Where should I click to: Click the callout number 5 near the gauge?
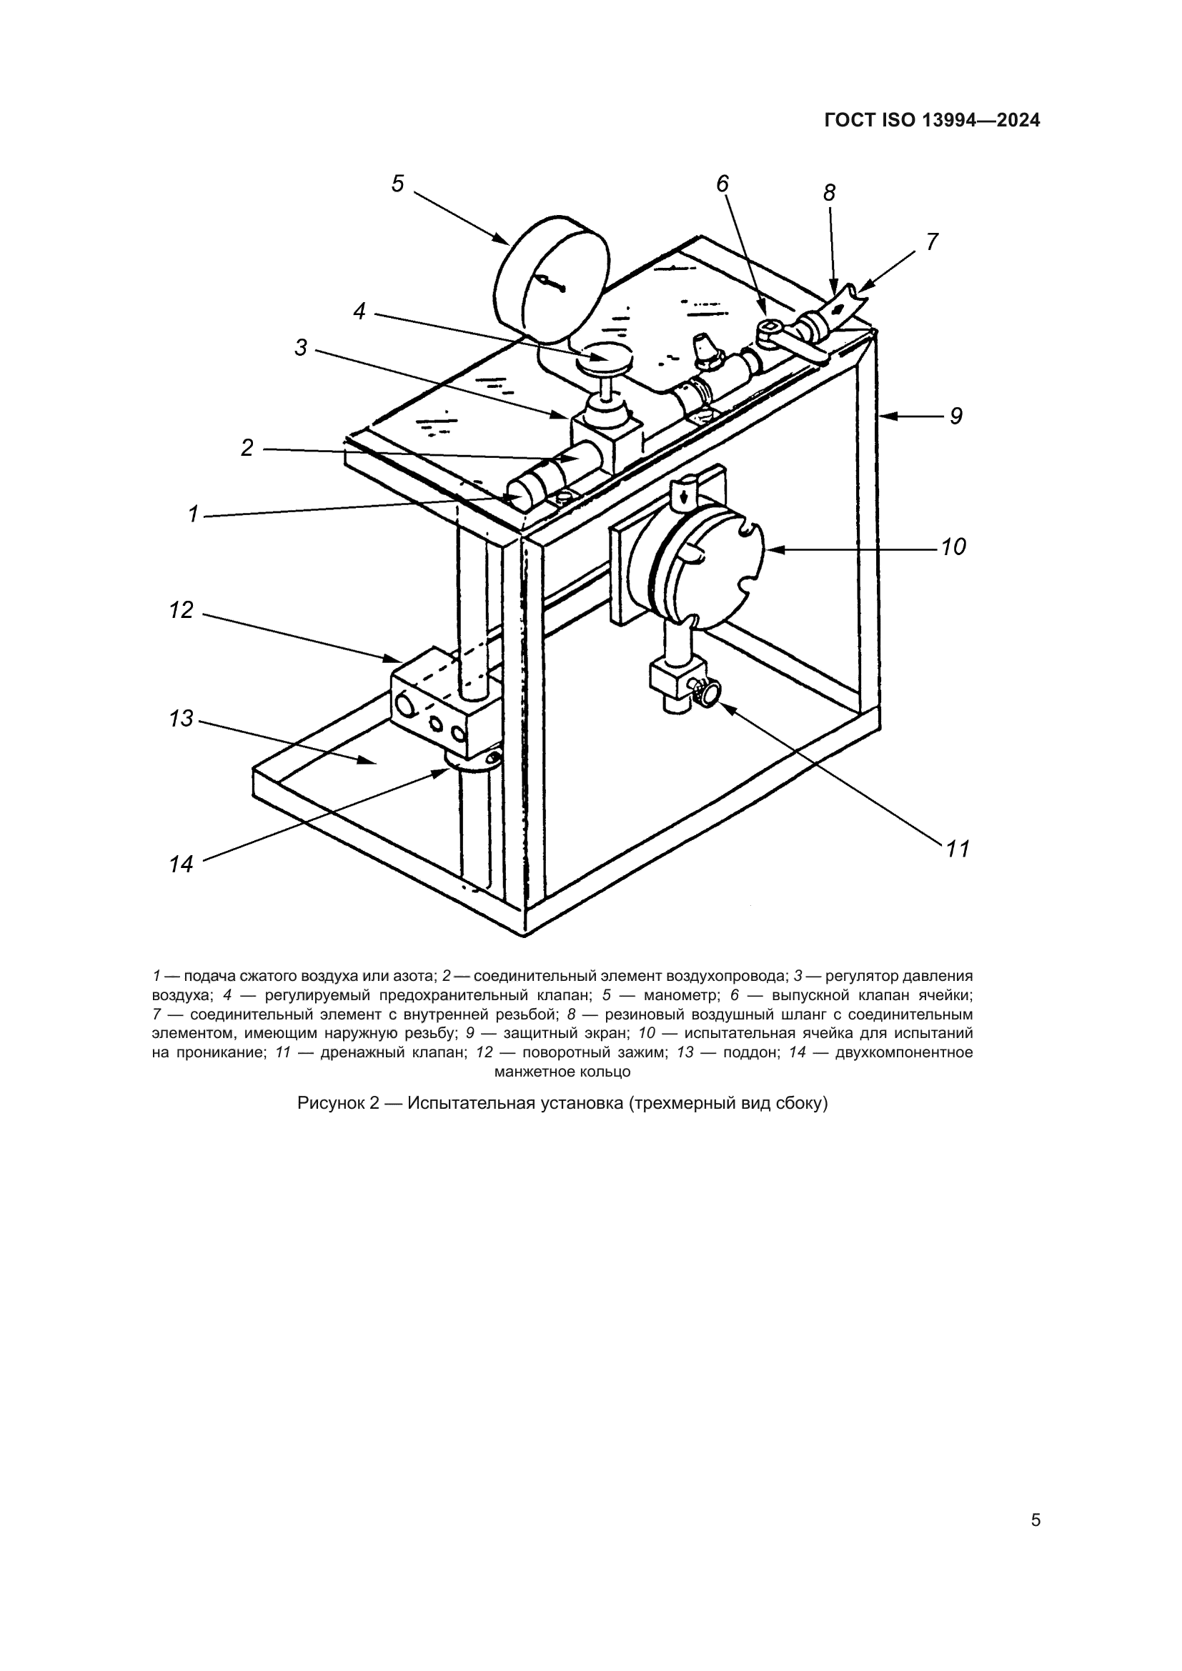397,184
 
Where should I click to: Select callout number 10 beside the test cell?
953,547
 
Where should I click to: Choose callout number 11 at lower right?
958,849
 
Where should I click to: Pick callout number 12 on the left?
182,610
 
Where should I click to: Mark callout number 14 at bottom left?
182,864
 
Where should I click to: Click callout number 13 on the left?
182,719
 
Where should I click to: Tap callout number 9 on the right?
955,416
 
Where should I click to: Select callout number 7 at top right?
933,241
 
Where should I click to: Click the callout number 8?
829,193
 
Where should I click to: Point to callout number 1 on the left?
193,514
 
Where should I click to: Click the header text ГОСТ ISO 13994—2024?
932,121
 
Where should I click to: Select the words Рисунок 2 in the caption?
339,1103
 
